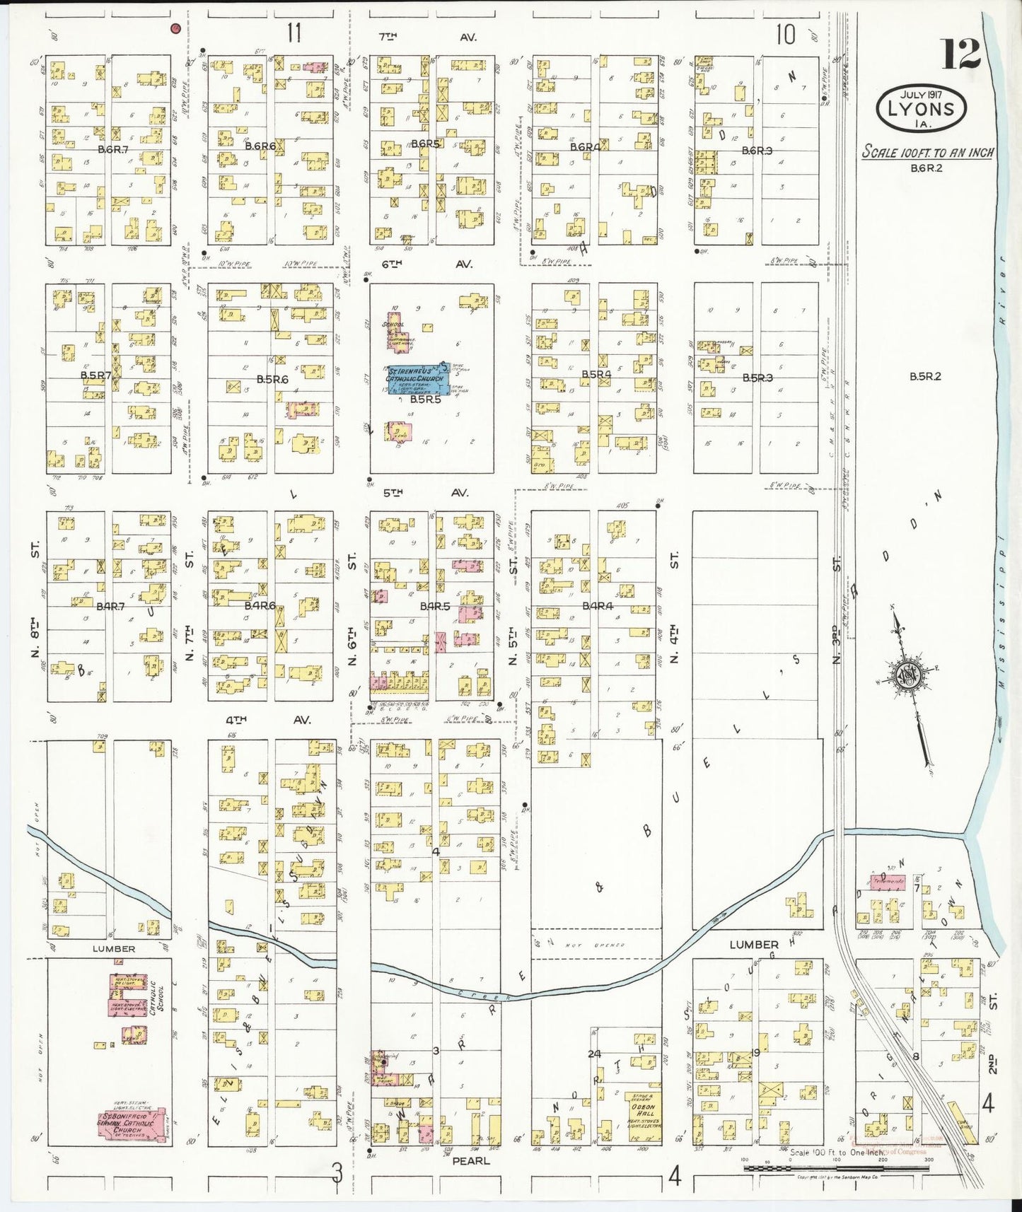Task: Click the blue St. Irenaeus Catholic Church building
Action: point(417,380)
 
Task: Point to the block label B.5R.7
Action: point(95,374)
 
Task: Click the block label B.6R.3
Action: point(757,151)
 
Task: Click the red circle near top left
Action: point(176,28)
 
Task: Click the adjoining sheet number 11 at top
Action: point(294,33)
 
